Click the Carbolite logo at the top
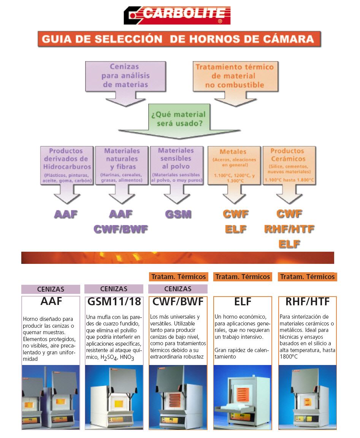[x=177, y=15]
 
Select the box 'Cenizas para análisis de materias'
[x=125, y=76]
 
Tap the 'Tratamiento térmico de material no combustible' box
[x=235, y=76]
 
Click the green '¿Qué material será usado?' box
[x=179, y=119]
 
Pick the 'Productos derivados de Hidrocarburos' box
[x=67, y=165]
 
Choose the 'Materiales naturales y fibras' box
[x=122, y=165]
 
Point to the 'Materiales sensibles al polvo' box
[x=176, y=165]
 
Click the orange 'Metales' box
[x=234, y=165]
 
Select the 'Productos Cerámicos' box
[x=289, y=165]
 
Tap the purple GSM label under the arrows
[x=178, y=214]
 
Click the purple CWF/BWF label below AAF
[x=121, y=229]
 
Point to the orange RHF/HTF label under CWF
[x=289, y=229]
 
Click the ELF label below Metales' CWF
[x=236, y=229]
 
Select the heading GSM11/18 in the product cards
[x=114, y=302]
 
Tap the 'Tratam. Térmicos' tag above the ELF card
[x=243, y=277]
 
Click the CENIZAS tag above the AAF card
[x=51, y=289]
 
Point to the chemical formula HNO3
[x=127, y=357]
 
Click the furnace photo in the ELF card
[x=243, y=397]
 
